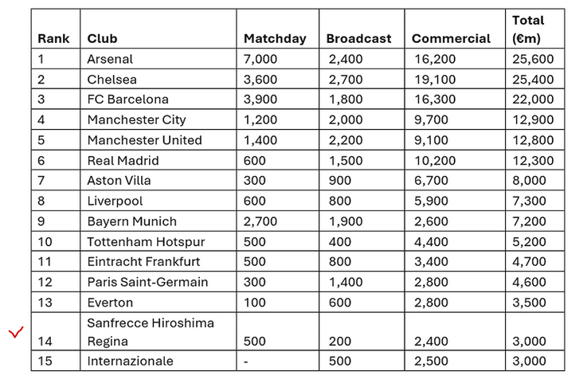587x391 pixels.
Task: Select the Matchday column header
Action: (x=272, y=38)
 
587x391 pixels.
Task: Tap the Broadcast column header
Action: (x=359, y=38)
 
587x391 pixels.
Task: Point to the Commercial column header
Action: (x=451, y=38)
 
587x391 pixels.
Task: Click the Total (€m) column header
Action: (x=529, y=29)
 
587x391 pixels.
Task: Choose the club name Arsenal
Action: (x=110, y=59)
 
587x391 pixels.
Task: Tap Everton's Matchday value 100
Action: (x=256, y=303)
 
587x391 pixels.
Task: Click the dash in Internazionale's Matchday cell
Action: (x=247, y=361)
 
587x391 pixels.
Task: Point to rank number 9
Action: (x=41, y=221)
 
